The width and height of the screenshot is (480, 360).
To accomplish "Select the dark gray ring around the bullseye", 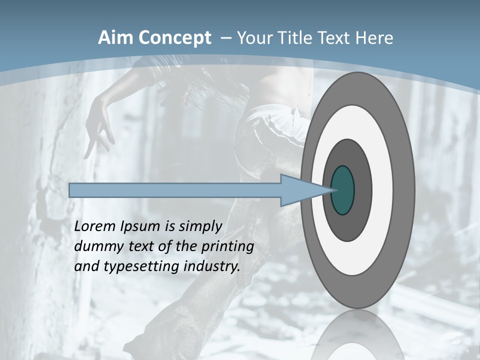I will point(362,190).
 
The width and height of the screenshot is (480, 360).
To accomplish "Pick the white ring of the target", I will point(382,190).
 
